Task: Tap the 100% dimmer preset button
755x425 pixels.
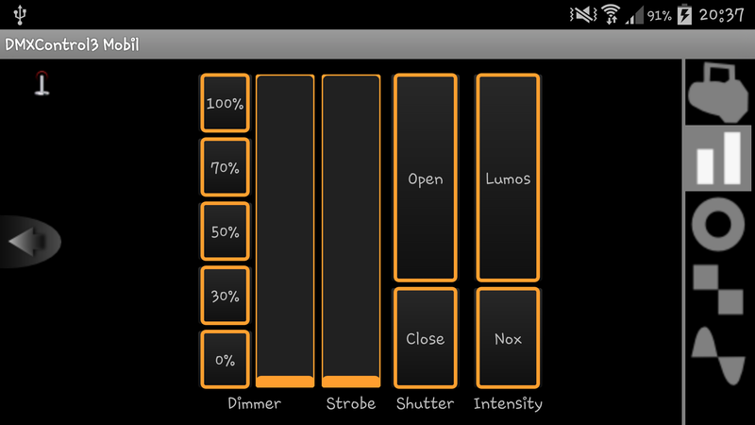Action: click(x=225, y=103)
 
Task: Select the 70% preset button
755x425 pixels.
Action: click(x=225, y=167)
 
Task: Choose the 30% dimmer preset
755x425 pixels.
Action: click(x=225, y=296)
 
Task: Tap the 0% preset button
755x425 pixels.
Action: click(x=225, y=360)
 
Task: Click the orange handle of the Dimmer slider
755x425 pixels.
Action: click(x=285, y=381)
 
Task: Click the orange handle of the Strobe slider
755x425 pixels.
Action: click(x=351, y=381)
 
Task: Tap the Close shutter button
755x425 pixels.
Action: click(x=425, y=338)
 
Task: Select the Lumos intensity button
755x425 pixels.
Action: click(x=508, y=178)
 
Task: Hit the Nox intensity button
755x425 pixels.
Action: click(x=508, y=338)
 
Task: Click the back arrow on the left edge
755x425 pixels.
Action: click(x=28, y=243)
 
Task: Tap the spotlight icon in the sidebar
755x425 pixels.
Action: click(x=718, y=93)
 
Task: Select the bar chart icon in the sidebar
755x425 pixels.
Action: click(x=718, y=159)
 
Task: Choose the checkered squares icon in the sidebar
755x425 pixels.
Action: click(x=718, y=289)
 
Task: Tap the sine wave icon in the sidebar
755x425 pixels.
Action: click(x=718, y=355)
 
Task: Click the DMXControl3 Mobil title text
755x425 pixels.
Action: click(x=72, y=45)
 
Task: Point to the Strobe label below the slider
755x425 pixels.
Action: click(x=351, y=403)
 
